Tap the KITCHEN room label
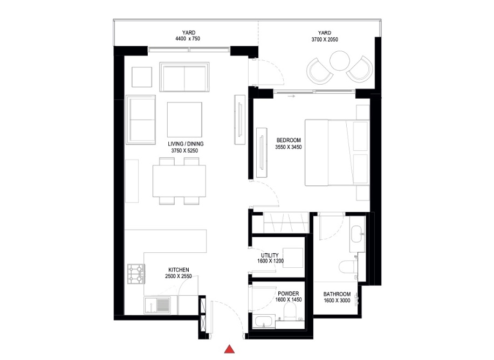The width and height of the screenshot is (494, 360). tap(178, 270)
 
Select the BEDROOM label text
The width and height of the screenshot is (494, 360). tap(288, 140)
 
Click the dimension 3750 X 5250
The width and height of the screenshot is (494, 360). tap(186, 151)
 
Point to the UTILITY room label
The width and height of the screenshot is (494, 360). tap(270, 255)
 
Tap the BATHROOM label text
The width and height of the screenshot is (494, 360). tap(338, 294)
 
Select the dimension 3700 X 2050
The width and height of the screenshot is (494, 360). tap(325, 39)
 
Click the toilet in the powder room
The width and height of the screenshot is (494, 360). tap(290, 311)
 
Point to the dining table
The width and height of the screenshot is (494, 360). tap(180, 181)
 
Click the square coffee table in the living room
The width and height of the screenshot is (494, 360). tap(185, 120)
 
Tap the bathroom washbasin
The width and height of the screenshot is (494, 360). tap(357, 234)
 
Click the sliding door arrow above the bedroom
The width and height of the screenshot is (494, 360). tap(292, 96)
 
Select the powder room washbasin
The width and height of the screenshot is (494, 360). tap(265, 322)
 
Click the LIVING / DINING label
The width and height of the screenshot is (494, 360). tap(186, 144)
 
